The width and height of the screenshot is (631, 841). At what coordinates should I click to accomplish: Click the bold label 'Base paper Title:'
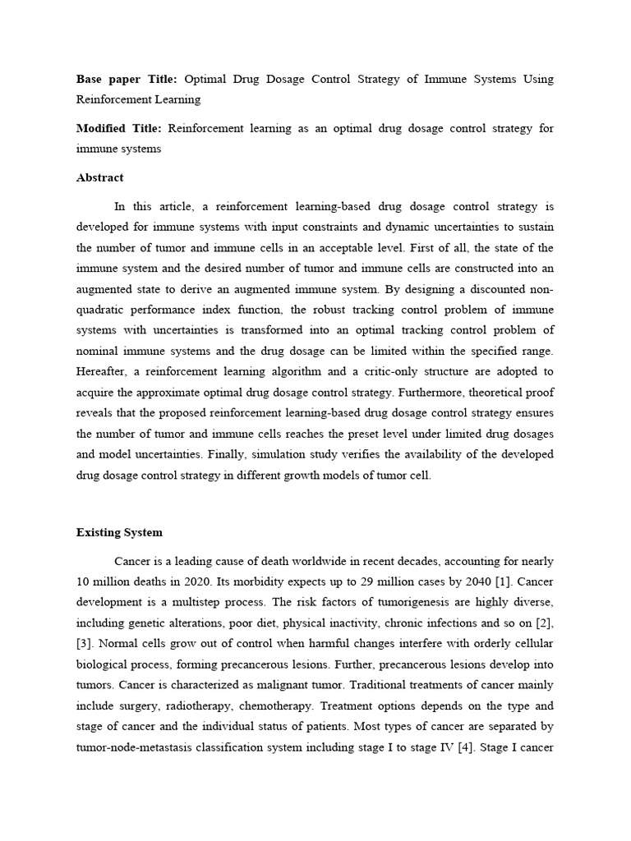click(x=127, y=80)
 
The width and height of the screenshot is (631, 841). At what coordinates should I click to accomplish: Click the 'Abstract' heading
click(x=99, y=177)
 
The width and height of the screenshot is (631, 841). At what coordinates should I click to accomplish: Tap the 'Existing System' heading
click(x=119, y=533)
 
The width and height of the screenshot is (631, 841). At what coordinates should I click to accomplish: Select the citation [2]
click(x=545, y=622)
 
